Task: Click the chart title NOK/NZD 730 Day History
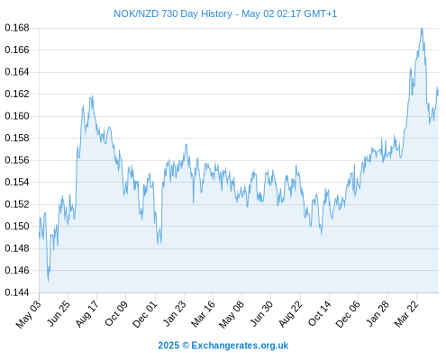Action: [x=173, y=13]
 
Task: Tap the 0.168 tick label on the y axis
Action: [x=17, y=28]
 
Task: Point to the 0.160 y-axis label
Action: [x=17, y=116]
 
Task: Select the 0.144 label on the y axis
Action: [x=17, y=292]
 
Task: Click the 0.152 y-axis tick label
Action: [x=17, y=204]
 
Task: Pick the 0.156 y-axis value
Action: [x=17, y=160]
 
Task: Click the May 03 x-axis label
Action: [x=29, y=314]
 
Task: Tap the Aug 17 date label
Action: [x=87, y=314]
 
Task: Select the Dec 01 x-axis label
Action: [x=145, y=314]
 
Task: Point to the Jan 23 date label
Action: [x=175, y=314]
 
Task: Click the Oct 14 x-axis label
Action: [x=320, y=314]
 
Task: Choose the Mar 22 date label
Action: [x=406, y=314]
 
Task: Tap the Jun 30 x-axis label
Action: [x=261, y=314]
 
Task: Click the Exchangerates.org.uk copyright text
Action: [x=240, y=346]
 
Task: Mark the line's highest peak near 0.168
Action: [x=422, y=29]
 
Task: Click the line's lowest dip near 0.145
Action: [x=48, y=280]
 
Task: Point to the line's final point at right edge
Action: [x=438, y=93]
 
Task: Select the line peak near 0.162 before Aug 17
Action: [x=92, y=96]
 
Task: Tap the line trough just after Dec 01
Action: [x=161, y=242]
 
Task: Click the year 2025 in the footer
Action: [x=168, y=346]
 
